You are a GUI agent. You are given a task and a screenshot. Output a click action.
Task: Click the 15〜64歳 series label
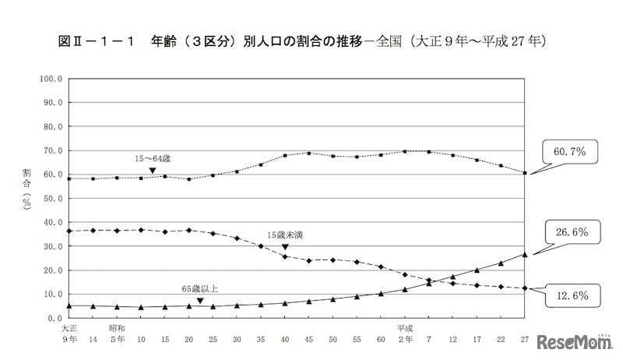pyautogui.click(x=153, y=159)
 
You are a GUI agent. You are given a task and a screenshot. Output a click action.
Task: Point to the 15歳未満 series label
pyautogui.click(x=284, y=235)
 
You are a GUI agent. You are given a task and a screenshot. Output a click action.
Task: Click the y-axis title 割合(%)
pyautogui.click(x=26, y=198)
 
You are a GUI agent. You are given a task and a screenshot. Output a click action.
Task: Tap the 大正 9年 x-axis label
pyautogui.click(x=69, y=334)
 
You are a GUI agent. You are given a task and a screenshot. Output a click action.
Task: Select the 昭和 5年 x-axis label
pyautogui.click(x=117, y=334)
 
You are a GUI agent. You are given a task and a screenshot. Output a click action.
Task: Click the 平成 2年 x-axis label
pyautogui.click(x=404, y=334)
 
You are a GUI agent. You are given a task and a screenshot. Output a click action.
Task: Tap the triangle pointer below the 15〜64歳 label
pyautogui.click(x=153, y=170)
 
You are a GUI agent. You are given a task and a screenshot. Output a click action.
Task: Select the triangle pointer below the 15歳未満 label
pyautogui.click(x=284, y=246)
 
